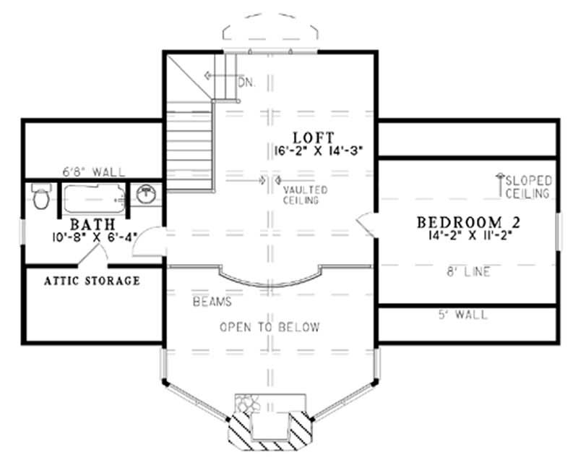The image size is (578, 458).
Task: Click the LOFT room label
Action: (313, 137)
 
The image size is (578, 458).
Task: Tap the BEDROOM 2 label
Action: (468, 221)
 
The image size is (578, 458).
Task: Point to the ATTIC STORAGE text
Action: (92, 280)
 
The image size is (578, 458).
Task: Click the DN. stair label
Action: (246, 82)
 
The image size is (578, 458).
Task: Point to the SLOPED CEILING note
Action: (529, 187)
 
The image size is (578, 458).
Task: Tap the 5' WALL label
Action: (463, 315)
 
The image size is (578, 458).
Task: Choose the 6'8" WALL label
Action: (94, 172)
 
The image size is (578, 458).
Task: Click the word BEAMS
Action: (211, 300)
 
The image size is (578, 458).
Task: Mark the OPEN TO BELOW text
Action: (269, 327)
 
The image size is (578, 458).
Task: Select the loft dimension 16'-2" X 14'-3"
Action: (312, 150)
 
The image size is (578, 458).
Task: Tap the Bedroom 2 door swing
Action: (366, 224)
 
